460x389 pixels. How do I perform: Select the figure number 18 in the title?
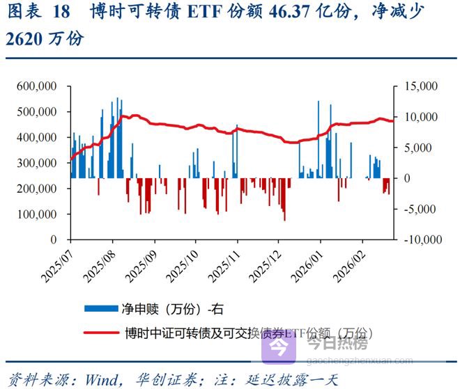61,12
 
